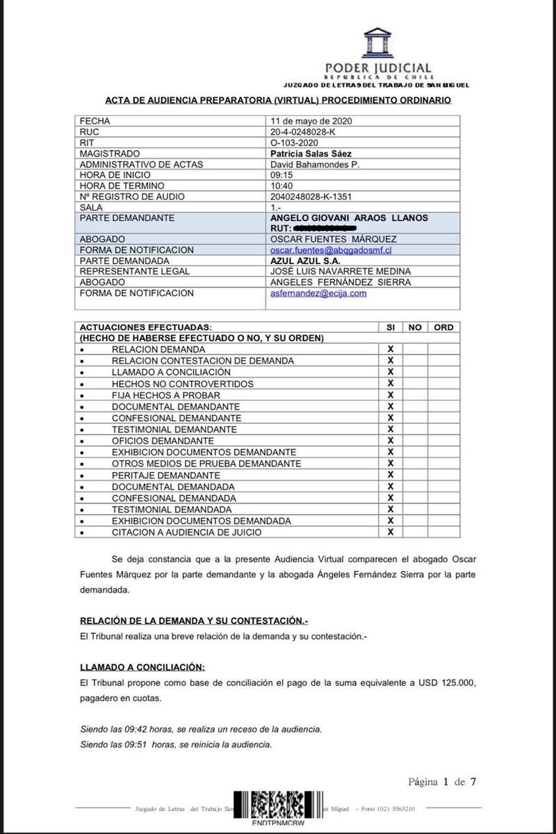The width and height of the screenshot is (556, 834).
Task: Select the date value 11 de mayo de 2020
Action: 311,121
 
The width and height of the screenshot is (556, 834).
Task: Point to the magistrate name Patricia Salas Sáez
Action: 311,154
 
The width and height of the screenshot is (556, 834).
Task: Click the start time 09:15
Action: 281,175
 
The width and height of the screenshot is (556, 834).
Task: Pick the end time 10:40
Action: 281,186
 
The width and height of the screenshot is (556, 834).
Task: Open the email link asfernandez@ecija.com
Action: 318,293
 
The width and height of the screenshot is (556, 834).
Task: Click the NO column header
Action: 415,327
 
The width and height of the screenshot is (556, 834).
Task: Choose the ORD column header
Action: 443,327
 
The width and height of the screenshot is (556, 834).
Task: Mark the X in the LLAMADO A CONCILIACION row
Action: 391,372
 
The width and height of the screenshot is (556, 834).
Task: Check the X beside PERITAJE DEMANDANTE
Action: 391,475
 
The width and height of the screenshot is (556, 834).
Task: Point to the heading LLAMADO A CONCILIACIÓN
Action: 142,667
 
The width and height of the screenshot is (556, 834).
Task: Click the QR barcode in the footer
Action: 278,808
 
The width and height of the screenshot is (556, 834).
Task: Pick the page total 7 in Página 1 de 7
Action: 473,782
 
